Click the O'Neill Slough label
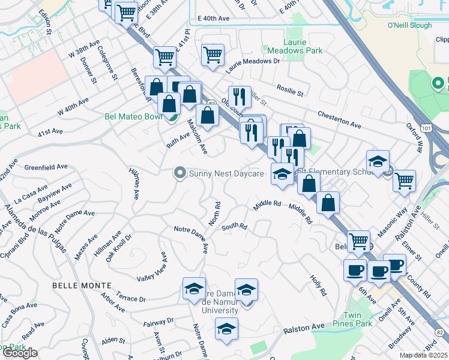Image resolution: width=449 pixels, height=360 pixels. pos(409,26)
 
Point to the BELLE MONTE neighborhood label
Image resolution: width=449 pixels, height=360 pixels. pos(82,284)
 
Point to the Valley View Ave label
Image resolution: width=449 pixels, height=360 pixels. pos(153,266)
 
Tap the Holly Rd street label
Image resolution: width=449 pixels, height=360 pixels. pos(318,285)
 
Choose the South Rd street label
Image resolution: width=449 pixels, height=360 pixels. pos(234,227)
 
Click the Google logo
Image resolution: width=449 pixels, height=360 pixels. pos(20,353)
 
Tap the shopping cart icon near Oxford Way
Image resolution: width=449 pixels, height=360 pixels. pos(405,179)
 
